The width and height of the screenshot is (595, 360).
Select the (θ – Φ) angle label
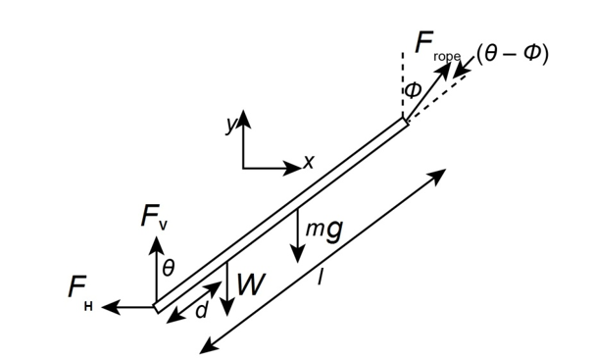click(513, 54)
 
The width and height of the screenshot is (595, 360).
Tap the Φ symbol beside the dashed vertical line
click(413, 90)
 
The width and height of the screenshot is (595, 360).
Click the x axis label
click(310, 162)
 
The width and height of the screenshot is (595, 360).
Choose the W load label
click(250, 284)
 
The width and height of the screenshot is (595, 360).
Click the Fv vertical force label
click(153, 217)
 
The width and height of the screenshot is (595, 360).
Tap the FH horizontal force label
click(80, 291)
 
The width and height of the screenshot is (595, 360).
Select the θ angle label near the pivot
click(168, 269)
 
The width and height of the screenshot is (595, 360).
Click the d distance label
click(202, 311)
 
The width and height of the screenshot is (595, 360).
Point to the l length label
click(321, 277)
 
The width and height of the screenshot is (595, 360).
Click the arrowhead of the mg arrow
click(298, 254)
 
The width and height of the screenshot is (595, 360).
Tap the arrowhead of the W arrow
click(226, 307)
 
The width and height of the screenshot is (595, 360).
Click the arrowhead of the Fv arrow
click(156, 245)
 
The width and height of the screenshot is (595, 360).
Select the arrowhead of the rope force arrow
click(445, 70)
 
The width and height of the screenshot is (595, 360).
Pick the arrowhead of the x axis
click(292, 168)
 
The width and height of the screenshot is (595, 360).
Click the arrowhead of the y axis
click(243, 119)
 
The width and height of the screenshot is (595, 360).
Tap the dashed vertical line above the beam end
click(403, 85)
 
